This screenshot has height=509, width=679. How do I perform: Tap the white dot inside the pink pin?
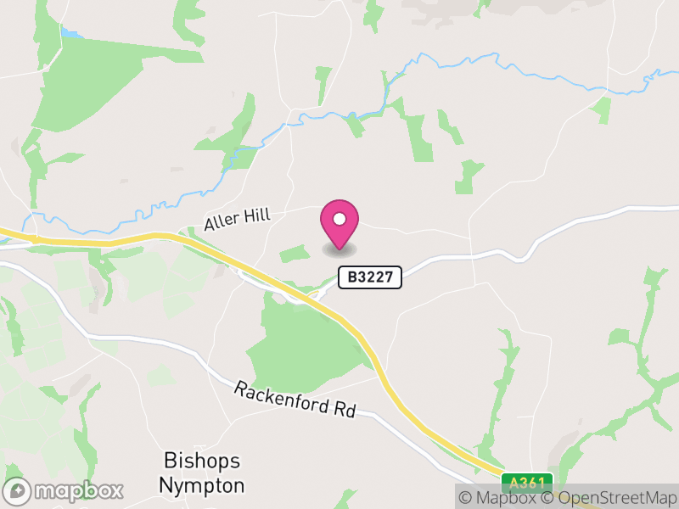pos(339,220)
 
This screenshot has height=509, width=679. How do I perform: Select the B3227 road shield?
pos(370,277)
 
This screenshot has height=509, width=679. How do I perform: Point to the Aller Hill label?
pos(237,220)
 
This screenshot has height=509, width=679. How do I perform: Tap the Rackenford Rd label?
pos(295,399)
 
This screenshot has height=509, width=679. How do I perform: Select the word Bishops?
pos(202,461)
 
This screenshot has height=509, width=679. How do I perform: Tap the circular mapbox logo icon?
pos(19,491)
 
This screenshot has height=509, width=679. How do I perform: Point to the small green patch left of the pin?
pos(295,253)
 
